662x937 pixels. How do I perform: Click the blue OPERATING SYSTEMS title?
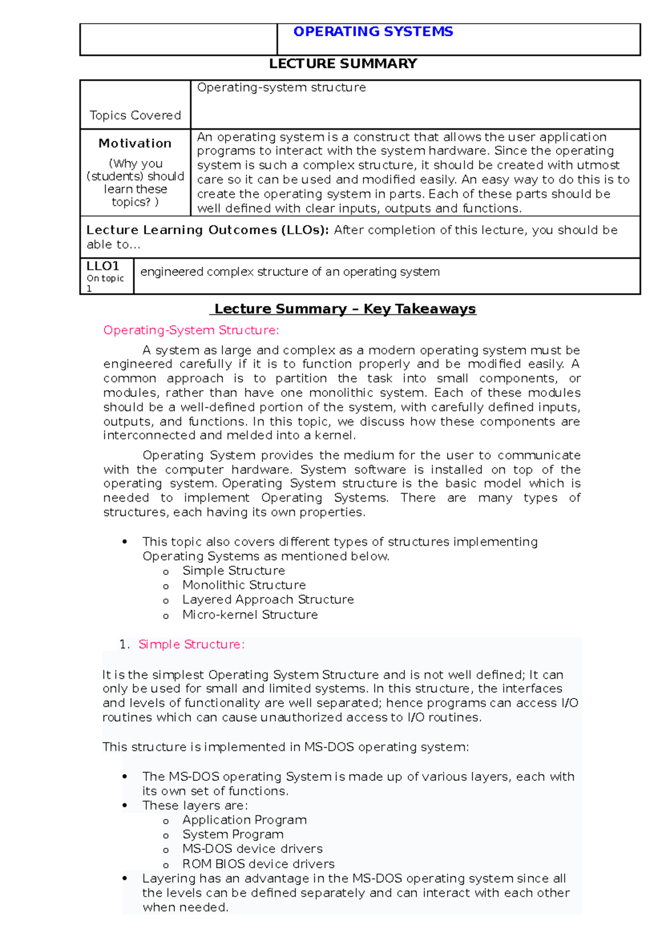pyautogui.click(x=373, y=31)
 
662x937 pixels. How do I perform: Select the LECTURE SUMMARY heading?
pyautogui.click(x=343, y=64)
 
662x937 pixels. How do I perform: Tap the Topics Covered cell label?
pyautogui.click(x=135, y=115)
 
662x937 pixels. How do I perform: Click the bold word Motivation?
pyautogui.click(x=135, y=143)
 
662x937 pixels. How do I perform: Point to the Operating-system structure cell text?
pyautogui.click(x=281, y=88)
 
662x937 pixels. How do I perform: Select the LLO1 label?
pyautogui.click(x=103, y=266)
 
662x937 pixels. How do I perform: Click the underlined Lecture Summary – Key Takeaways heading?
pyautogui.click(x=344, y=309)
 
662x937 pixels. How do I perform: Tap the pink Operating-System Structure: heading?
pyautogui.click(x=191, y=331)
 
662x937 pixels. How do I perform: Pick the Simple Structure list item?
pyautogui.click(x=233, y=571)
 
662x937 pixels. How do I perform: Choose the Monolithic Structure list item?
pyautogui.click(x=244, y=585)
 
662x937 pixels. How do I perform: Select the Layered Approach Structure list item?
pyautogui.click(x=268, y=599)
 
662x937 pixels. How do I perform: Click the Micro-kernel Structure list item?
pyautogui.click(x=250, y=615)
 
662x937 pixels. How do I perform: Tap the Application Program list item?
pyautogui.click(x=244, y=820)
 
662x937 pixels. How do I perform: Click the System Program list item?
pyautogui.click(x=233, y=834)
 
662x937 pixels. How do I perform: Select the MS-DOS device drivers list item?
pyautogui.click(x=252, y=849)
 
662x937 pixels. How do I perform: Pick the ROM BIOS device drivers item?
pyautogui.click(x=258, y=864)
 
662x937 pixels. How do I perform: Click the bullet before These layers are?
pyautogui.click(x=125, y=806)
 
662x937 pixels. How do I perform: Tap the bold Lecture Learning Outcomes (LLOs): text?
pyautogui.click(x=207, y=230)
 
